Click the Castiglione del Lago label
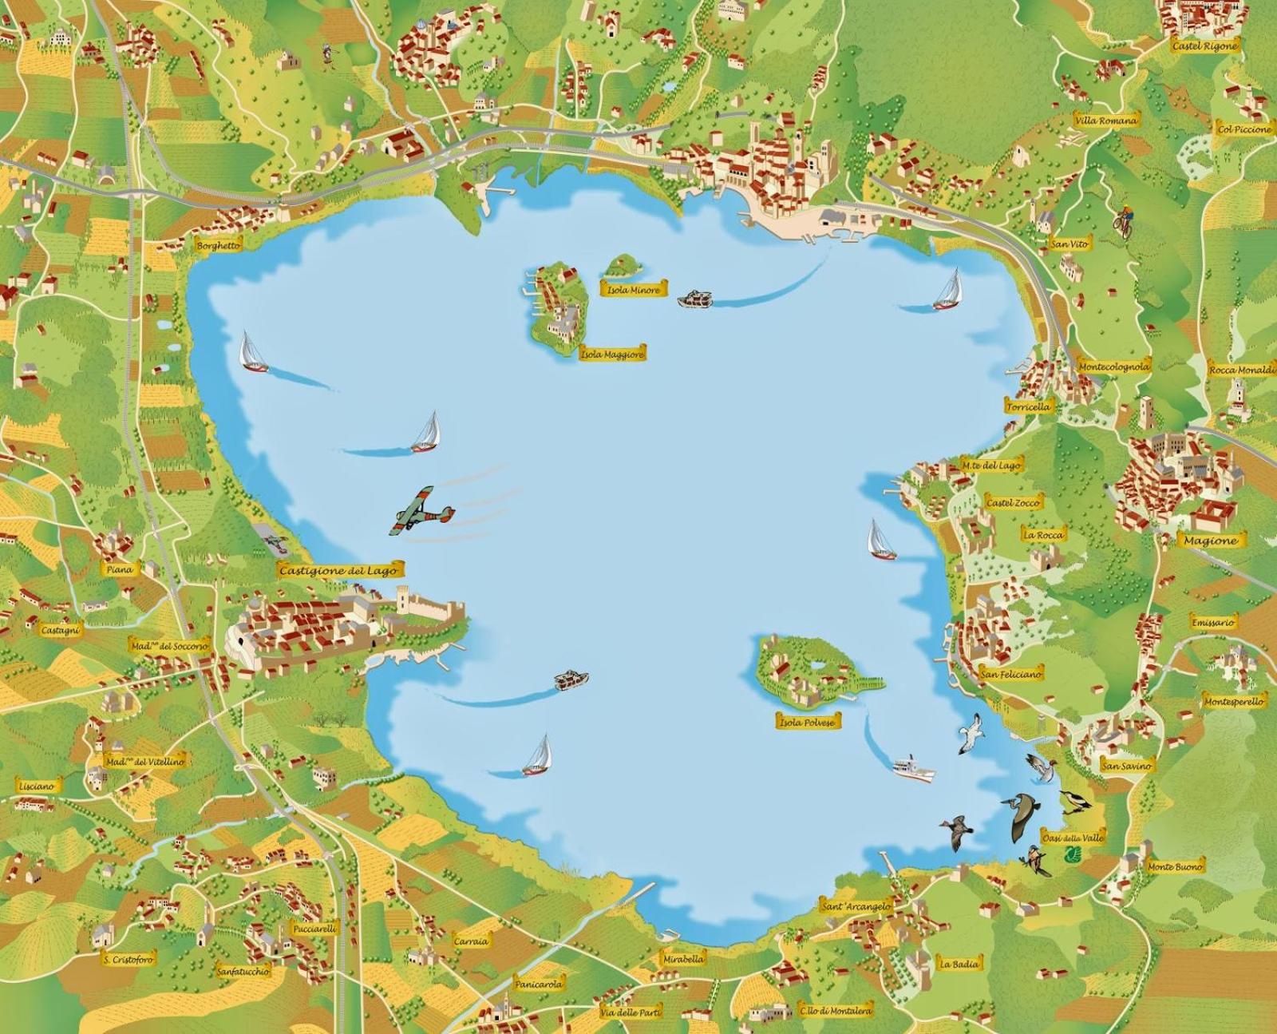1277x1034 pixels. click(x=340, y=570)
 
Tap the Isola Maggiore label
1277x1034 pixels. click(x=612, y=353)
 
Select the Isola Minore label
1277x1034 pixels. click(x=634, y=290)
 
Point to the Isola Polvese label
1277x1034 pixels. click(x=809, y=722)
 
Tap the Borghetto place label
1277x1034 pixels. click(x=218, y=246)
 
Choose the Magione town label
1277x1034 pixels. click(x=1210, y=541)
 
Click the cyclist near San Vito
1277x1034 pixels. click(x=1124, y=220)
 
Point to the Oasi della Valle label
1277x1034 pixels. click(x=1073, y=838)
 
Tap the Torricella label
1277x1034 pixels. click(x=1028, y=406)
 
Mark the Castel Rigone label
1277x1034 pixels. click(x=1204, y=46)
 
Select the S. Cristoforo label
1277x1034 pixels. click(x=128, y=959)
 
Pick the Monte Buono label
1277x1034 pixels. click(x=1174, y=866)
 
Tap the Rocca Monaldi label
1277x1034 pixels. click(x=1243, y=370)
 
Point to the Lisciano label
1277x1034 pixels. click(x=37, y=786)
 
